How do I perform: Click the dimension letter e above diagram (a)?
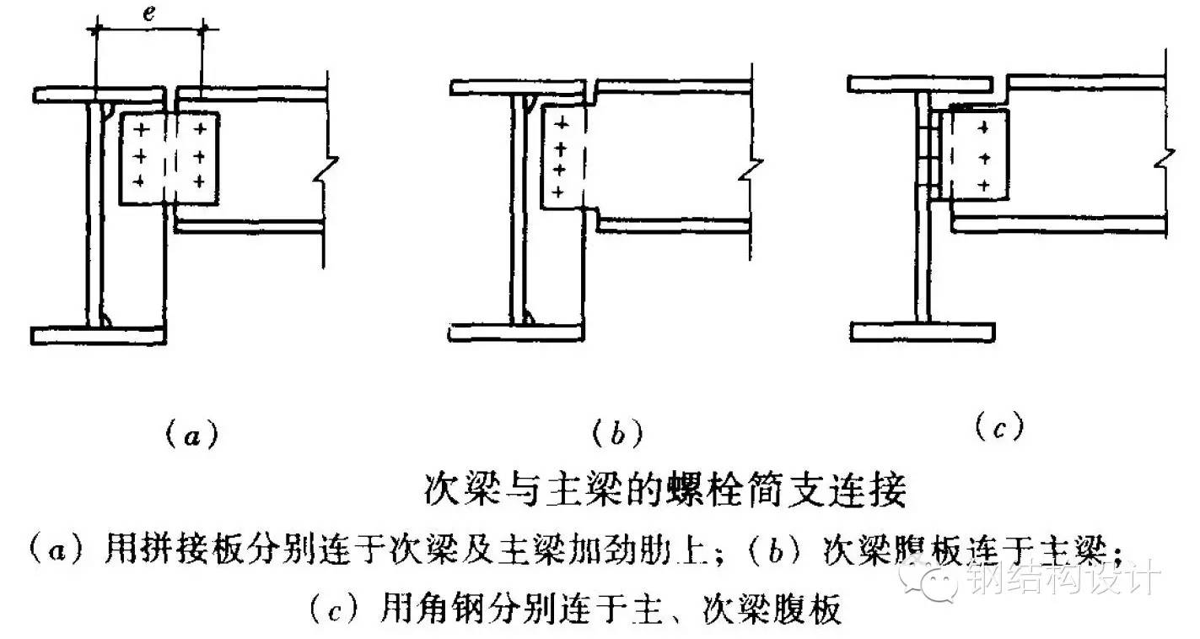(149, 13)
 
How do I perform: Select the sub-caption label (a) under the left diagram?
(191, 434)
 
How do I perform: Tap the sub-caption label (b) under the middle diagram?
(617, 432)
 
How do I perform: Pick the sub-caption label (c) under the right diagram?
(999, 427)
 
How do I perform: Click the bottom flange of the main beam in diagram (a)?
(98, 336)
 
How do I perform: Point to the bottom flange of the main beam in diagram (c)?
(923, 333)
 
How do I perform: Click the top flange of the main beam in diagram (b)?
(518, 88)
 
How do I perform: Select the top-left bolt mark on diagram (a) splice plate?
(141, 130)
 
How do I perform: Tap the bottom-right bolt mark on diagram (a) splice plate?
(199, 181)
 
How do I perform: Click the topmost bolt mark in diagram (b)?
(561, 124)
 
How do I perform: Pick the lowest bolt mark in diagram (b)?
(558, 192)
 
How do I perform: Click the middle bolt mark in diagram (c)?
(984, 158)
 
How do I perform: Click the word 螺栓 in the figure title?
(702, 490)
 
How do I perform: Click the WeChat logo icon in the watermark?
(930, 580)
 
